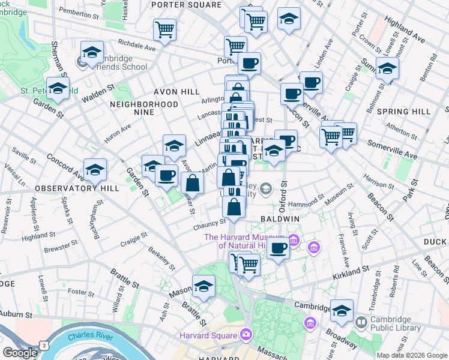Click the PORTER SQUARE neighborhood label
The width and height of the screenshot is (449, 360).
[185, 5]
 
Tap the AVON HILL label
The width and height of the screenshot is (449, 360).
[176, 92]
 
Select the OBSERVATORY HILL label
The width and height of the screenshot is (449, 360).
[74, 188]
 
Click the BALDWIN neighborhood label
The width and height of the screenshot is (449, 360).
[280, 220]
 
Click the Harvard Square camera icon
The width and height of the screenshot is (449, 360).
[246, 334]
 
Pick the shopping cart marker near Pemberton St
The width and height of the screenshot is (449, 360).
[164, 29]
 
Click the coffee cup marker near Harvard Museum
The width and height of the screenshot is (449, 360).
[278, 248]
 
